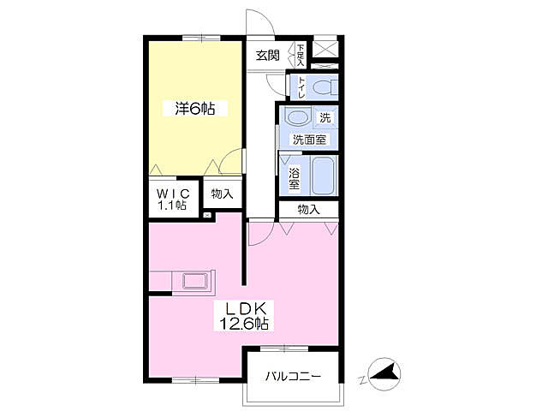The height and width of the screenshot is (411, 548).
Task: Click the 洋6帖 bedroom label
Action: coord(195,109)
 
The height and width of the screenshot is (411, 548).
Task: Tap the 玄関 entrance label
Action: coord(268,55)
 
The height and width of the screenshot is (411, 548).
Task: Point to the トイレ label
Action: coord(301,86)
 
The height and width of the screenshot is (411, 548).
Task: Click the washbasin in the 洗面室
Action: coord(297,116)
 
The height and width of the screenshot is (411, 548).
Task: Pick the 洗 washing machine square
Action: coord(325,117)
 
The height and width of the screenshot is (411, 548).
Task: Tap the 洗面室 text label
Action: coord(309,140)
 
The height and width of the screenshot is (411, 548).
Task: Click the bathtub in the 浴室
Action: coord(324,176)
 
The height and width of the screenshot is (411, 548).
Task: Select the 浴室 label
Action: coord(294,179)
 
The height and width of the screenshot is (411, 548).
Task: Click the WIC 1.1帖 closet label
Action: coord(173,198)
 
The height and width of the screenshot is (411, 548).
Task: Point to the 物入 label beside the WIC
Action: coord(222,194)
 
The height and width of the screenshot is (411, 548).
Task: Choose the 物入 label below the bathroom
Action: coord(308,210)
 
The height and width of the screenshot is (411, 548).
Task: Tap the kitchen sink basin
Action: coord(195,281)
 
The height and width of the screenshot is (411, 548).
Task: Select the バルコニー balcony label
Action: coord(293,377)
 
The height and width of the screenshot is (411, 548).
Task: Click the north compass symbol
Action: coord(384,374)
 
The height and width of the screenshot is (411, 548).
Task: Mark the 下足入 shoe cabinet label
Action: coord(301,55)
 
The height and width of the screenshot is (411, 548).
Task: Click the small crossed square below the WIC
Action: coord(207,215)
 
